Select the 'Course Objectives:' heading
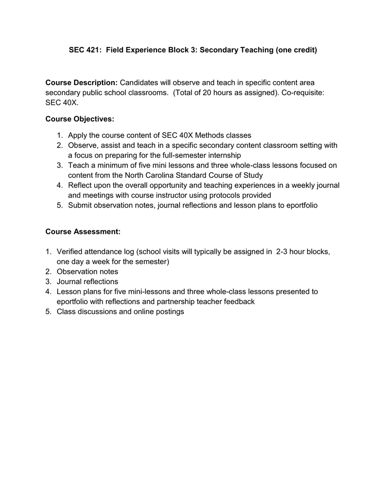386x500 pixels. (80, 119)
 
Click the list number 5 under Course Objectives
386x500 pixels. (59, 206)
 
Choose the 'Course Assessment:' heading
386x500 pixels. (82, 231)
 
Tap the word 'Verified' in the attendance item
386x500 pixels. (71, 251)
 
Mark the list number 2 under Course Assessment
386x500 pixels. (48, 271)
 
